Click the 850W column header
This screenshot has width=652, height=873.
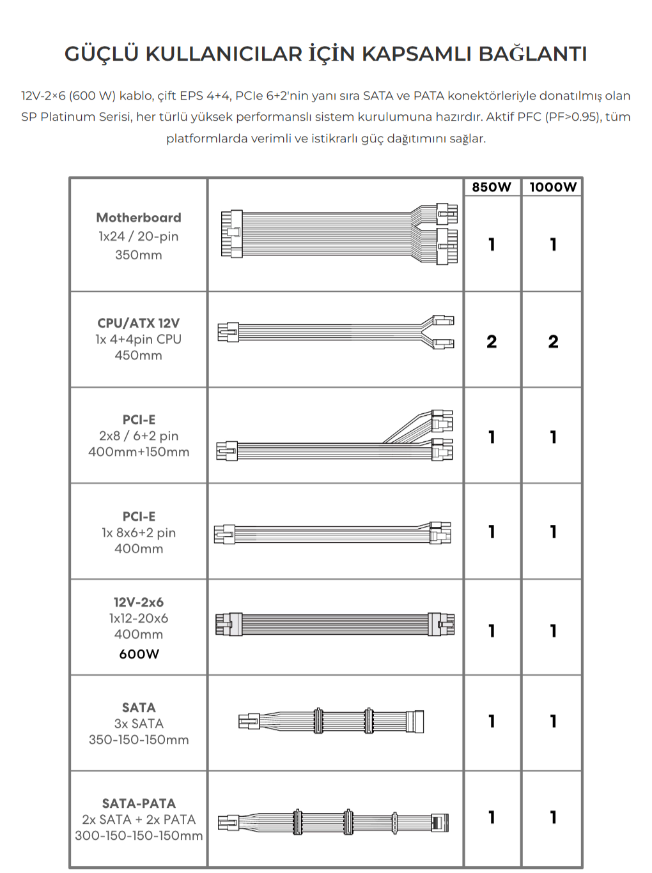(x=491, y=187)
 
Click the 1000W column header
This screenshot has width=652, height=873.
(x=553, y=187)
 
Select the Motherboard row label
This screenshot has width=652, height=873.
(x=139, y=218)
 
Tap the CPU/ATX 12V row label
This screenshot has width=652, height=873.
(x=139, y=323)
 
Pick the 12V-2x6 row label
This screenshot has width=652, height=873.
(x=139, y=602)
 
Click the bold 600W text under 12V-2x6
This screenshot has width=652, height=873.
(x=139, y=654)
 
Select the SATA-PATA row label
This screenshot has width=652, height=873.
(x=139, y=803)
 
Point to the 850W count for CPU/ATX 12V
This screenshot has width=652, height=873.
(x=492, y=342)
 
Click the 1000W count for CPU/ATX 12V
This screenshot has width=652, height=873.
(x=554, y=342)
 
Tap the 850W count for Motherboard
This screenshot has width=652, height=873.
(x=492, y=244)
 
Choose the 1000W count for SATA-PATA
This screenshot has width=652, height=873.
(x=554, y=817)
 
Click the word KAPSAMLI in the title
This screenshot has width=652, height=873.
(x=416, y=54)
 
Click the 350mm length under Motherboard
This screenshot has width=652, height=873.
(x=139, y=255)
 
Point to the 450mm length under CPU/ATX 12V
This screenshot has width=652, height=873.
(x=139, y=355)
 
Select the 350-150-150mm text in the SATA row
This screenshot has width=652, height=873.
(x=139, y=740)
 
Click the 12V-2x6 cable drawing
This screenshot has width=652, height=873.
(x=335, y=624)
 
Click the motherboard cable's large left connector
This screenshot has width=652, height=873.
(x=231, y=234)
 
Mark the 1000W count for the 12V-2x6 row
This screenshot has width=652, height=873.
(x=554, y=631)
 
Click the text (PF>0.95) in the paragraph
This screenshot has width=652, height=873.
(x=572, y=117)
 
